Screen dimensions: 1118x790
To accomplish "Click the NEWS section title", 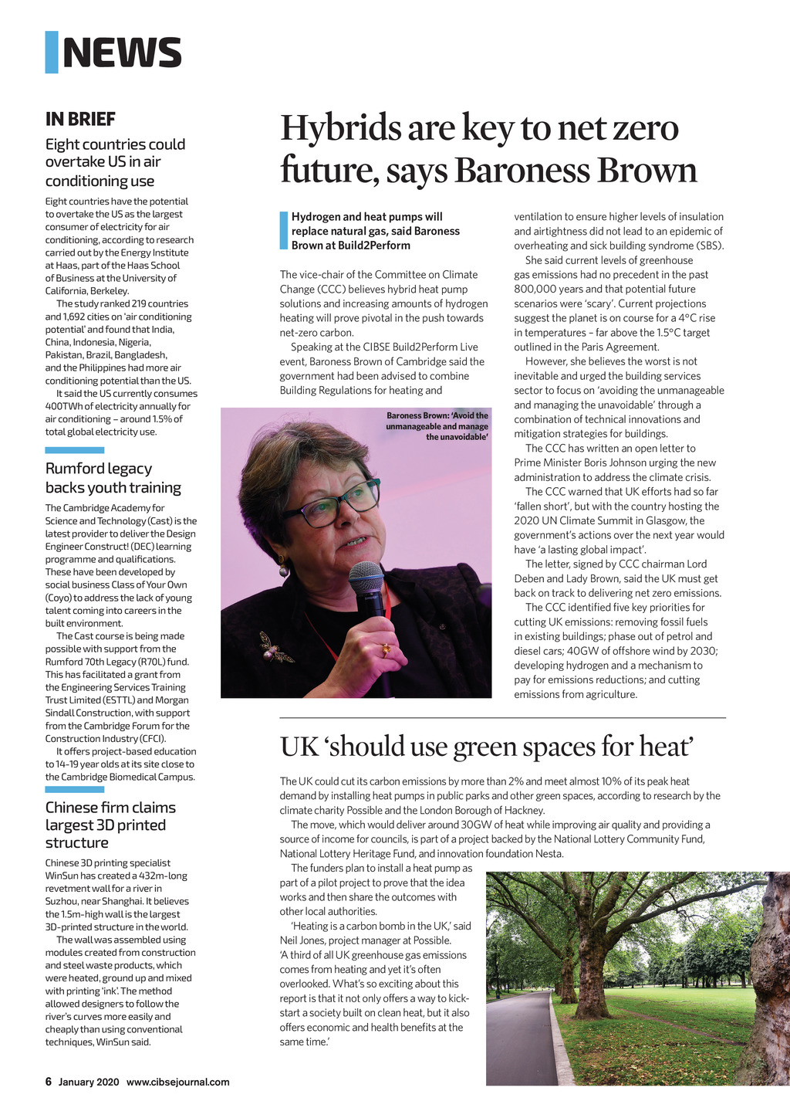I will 122,53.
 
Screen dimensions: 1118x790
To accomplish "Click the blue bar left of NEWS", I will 52,53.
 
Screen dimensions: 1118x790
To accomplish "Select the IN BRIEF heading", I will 80,119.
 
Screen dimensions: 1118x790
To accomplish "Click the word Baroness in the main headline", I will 511,171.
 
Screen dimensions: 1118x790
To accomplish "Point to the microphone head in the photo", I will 366,577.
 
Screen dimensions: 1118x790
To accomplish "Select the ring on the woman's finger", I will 385,649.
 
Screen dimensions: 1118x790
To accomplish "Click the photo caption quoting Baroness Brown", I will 437,426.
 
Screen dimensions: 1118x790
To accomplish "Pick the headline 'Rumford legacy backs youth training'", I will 113,478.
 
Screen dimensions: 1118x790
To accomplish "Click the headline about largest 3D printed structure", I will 110,825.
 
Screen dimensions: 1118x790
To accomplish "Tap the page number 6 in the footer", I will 48,1082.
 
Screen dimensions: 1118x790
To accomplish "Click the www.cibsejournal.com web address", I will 178,1082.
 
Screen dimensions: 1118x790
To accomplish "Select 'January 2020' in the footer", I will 89,1082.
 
